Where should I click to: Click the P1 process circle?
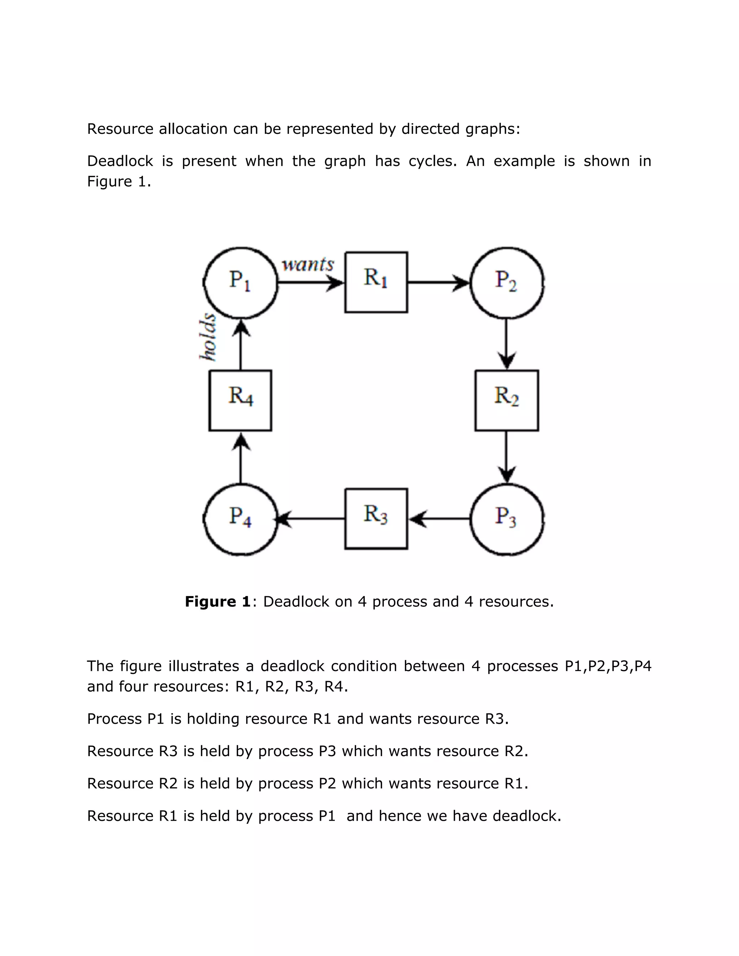[240, 282]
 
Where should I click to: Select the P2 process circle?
[507, 282]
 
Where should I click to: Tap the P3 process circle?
[507, 519]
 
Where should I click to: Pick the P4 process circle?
[240, 519]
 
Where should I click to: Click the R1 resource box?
[376, 282]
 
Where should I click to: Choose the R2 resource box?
[507, 400]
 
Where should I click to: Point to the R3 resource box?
[376, 519]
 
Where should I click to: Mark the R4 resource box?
[240, 400]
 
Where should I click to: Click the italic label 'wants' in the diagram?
[308, 264]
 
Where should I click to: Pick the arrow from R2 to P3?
[507, 457]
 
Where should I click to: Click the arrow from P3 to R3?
[439, 519]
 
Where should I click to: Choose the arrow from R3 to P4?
[311, 519]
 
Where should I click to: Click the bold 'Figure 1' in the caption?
[218, 601]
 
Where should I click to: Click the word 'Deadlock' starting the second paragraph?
[120, 161]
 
